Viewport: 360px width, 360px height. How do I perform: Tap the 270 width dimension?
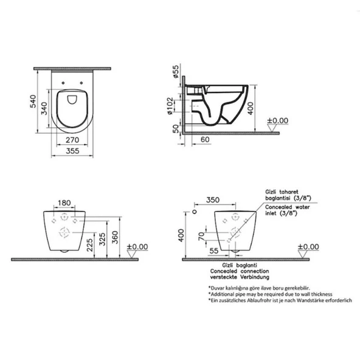71,139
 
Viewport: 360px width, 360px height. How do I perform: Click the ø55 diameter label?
175,74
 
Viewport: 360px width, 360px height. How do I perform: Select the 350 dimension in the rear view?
212,199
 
